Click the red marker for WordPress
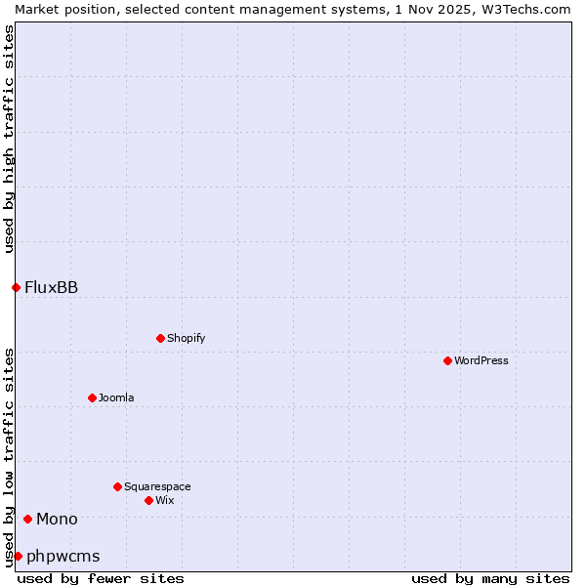point(447,360)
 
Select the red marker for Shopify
point(160,338)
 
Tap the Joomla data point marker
point(92,398)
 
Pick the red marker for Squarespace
point(117,486)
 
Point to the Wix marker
point(148,500)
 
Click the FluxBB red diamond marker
point(16,287)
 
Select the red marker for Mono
point(27,519)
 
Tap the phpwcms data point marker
point(18,556)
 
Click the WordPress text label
point(481,360)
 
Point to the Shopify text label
point(186,338)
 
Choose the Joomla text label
point(116,398)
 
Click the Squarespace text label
point(157,486)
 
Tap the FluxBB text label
point(51,287)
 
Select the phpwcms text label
point(63,556)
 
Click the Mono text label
point(57,519)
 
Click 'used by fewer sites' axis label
point(101,578)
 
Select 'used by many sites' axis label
point(490,578)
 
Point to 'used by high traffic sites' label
point(9,139)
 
